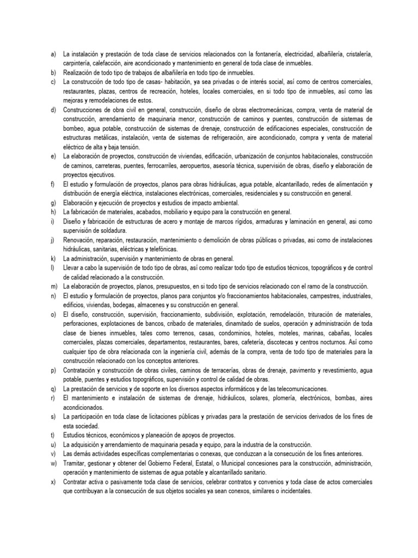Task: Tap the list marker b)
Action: pyautogui.click(x=53, y=72)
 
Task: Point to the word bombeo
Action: pyautogui.click(x=73, y=128)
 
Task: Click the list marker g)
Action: pyautogui.click(x=53, y=202)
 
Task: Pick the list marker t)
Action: pyautogui.click(x=52, y=435)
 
